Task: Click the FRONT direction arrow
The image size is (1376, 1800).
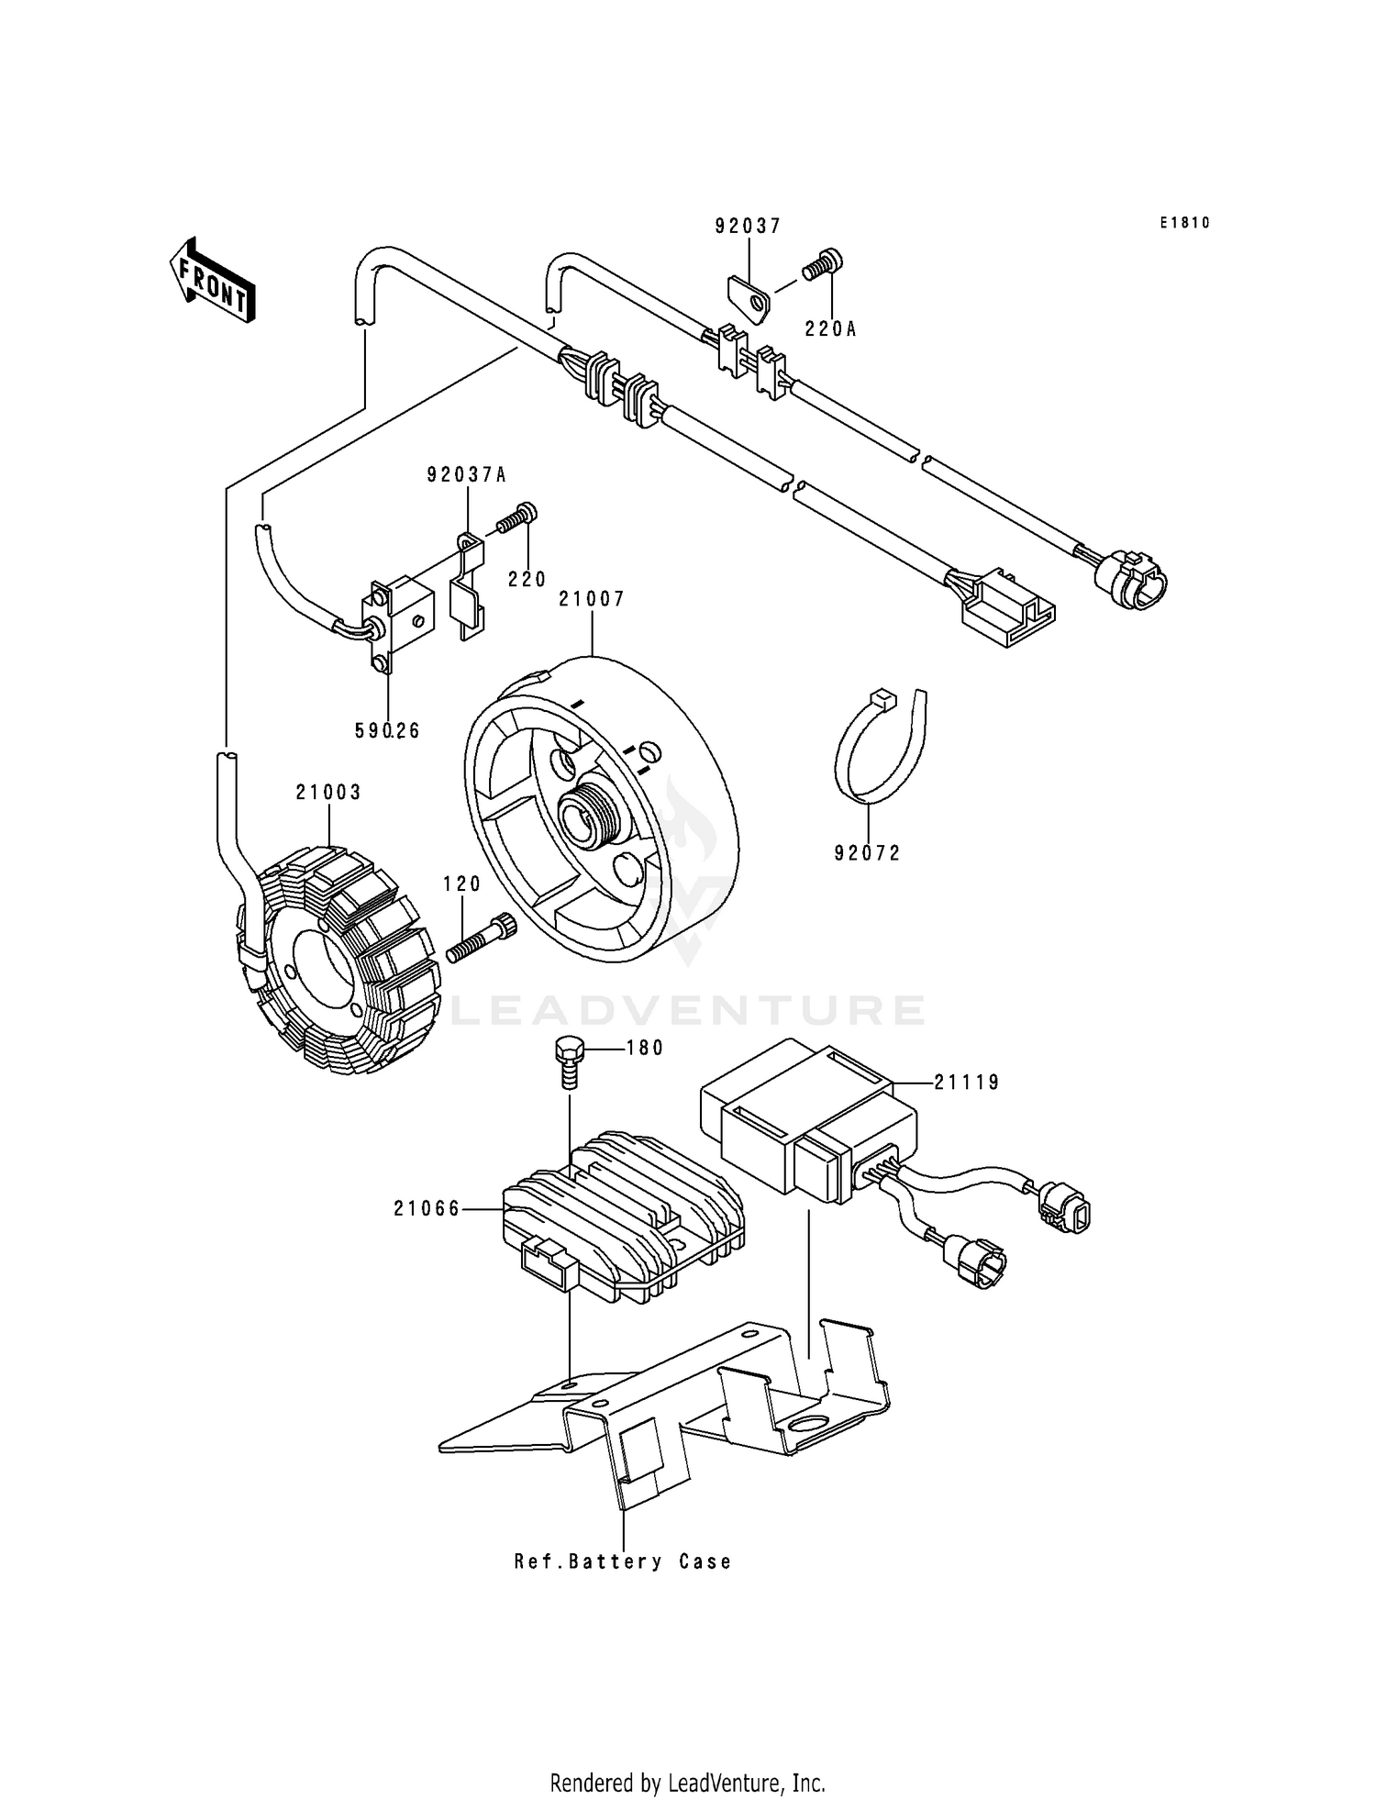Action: tap(212, 281)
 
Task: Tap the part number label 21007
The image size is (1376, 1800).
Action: tap(592, 600)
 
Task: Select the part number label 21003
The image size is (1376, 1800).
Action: tap(328, 793)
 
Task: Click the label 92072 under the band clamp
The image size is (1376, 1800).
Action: tap(867, 854)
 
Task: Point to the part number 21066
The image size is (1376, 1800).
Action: tap(427, 1209)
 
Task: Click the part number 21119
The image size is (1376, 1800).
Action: tap(967, 1083)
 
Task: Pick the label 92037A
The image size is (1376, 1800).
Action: tap(467, 475)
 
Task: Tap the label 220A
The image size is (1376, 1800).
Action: tap(830, 329)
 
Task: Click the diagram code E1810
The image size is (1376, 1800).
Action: tap(1184, 223)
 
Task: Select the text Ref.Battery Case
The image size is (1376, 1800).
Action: tap(623, 1561)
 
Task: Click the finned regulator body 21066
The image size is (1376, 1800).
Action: tap(624, 1211)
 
